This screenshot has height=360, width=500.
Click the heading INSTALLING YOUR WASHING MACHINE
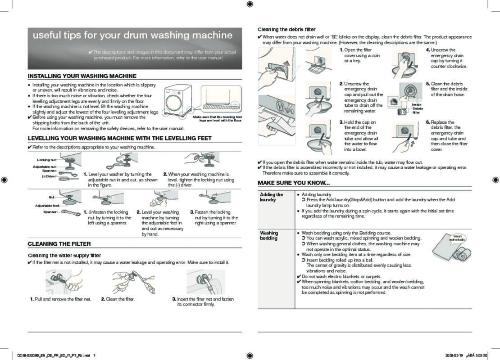coord(82,76)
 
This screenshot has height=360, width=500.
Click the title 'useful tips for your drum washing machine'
coord(132,36)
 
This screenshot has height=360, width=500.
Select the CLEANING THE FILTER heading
coord(59,244)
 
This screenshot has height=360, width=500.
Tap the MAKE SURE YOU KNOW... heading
coord(293,183)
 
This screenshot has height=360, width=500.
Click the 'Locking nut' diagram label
coord(46,160)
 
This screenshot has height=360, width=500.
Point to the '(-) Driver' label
coord(49,176)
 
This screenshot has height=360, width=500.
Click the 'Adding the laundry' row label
coord(271,197)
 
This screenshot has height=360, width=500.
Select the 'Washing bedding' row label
coord(269,235)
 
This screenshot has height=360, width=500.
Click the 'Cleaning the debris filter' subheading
coord(286,29)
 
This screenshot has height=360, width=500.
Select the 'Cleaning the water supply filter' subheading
coord(65,256)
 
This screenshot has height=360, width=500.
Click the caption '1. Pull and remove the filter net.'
coord(61,299)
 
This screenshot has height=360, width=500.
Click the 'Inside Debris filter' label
coord(417,108)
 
